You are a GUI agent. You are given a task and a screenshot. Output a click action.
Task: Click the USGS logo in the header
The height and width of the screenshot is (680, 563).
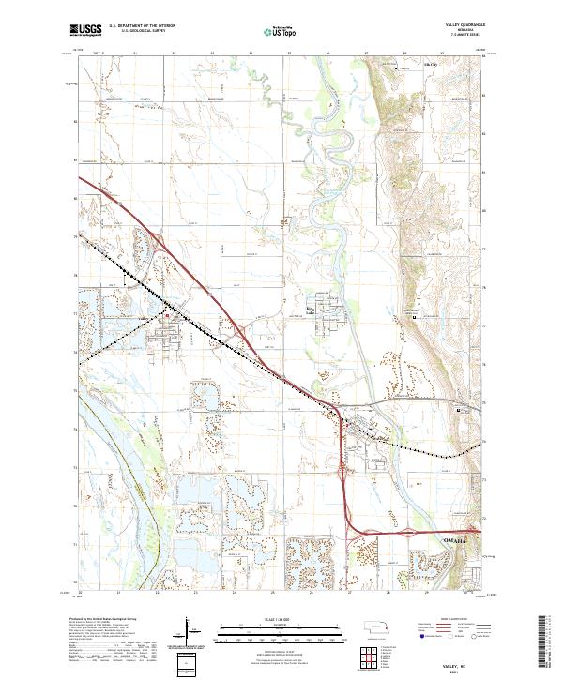(85, 30)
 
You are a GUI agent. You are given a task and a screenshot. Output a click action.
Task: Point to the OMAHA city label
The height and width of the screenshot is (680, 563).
(454, 541)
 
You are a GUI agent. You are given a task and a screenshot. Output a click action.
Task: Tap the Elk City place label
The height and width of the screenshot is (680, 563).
(431, 64)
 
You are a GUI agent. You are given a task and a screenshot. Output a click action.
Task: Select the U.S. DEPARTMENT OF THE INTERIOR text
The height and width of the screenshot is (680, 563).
(142, 26)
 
